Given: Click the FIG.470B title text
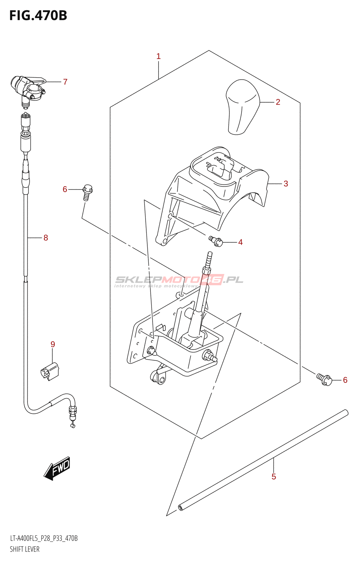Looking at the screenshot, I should pyautogui.click(x=38, y=16).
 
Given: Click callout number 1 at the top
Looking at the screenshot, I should pyautogui.click(x=159, y=56).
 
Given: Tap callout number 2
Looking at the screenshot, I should pyautogui.click(x=278, y=102).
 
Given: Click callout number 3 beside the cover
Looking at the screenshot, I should pyautogui.click(x=286, y=184).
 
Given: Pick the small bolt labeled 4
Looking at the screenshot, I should pyautogui.click(x=216, y=241).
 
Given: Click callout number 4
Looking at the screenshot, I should pyautogui.click(x=240, y=242).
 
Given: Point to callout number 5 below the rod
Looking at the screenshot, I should pyautogui.click(x=274, y=477).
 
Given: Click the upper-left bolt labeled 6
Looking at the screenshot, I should pyautogui.click(x=87, y=192).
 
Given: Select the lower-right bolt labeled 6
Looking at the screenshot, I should pyautogui.click(x=324, y=379).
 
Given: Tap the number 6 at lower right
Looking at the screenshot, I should pyautogui.click(x=345, y=380).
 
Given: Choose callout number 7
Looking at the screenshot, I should pyautogui.click(x=65, y=82).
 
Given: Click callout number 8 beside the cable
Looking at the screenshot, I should pyautogui.click(x=46, y=238).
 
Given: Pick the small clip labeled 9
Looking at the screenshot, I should pyautogui.click(x=50, y=371).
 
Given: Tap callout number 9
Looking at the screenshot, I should pyautogui.click(x=53, y=344).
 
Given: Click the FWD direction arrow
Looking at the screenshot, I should pyautogui.click(x=57, y=468).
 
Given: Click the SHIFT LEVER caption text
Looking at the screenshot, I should pyautogui.click(x=25, y=549).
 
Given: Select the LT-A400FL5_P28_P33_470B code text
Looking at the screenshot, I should pyautogui.click(x=44, y=538).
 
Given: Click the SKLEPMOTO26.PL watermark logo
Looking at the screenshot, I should pyautogui.click(x=179, y=280).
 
